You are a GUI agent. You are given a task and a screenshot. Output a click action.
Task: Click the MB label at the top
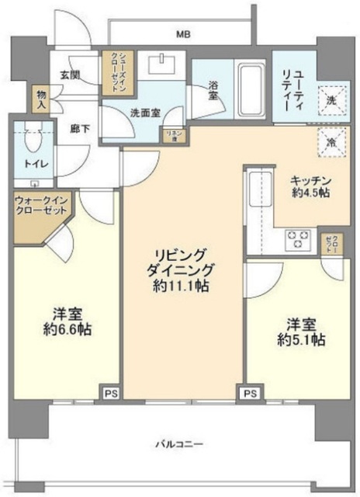click(x=183, y=34)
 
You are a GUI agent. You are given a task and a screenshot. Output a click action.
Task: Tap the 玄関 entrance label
click(x=70, y=75)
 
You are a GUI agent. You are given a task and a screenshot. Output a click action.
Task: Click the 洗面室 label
click(x=144, y=111)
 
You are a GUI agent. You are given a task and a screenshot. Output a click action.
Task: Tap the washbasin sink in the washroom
click(x=164, y=63)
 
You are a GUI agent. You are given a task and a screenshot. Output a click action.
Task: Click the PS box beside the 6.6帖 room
click(x=110, y=394)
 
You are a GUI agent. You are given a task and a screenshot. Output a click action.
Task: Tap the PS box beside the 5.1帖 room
click(x=250, y=394)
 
